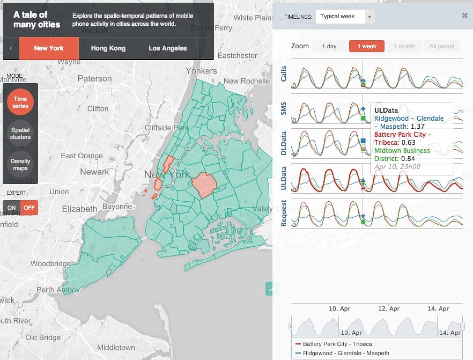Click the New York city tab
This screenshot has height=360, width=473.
coord(49,48)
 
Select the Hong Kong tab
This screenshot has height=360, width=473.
coord(108,48)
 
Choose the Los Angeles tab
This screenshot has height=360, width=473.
coord(168,48)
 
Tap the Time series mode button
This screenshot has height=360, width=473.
coord(20,102)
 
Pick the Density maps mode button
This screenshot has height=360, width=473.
coord(20,164)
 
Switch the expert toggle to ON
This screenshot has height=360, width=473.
coord(11,208)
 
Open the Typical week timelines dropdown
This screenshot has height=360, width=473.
coord(345,17)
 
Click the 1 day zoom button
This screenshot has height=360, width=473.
coord(329,47)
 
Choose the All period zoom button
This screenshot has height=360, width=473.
coord(441,47)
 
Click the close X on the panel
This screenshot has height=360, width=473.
coord(464,16)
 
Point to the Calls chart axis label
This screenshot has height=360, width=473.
coord(284,74)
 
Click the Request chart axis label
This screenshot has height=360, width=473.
coord(284,214)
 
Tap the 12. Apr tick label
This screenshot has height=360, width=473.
coord(389,308)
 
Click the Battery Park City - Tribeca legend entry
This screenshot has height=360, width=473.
coord(337,344)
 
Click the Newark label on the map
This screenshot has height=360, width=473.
coord(94,172)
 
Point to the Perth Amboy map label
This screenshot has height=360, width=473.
coord(58,290)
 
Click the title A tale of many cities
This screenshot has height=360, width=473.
coord(37,20)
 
